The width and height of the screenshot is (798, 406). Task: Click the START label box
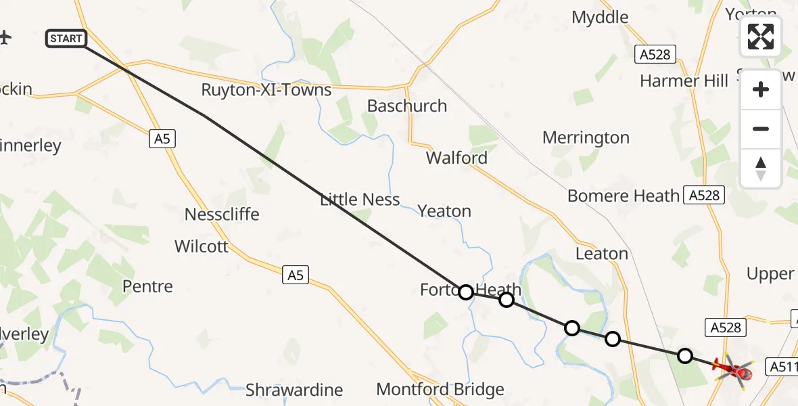coord(66,39)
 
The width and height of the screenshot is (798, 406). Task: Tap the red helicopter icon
coord(734,369)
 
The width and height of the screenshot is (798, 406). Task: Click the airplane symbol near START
coord(5,37)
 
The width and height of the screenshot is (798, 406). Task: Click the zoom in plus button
coord(761,89)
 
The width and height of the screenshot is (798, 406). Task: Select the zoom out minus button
coord(761,129)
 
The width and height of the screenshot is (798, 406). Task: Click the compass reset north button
coord(761,168)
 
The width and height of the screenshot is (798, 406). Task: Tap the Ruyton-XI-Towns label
coord(266,90)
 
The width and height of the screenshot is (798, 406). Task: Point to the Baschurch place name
coord(407,106)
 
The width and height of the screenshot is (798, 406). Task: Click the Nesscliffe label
coord(222,215)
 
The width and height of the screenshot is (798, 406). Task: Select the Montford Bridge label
coord(440,389)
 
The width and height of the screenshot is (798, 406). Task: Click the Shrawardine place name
coord(294,390)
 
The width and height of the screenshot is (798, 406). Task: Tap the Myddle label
coord(600,17)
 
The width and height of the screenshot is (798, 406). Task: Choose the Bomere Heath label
coord(624,196)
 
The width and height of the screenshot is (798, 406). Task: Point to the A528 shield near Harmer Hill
coord(656,54)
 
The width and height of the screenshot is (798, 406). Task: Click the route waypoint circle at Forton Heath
coord(465,292)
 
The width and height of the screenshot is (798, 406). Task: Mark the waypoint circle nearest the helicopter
coord(685,355)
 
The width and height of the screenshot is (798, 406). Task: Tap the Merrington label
coord(586,138)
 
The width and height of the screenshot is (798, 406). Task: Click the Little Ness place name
coord(360,200)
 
